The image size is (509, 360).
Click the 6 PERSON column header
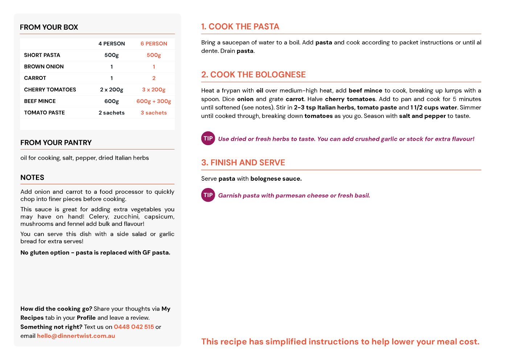(x=154, y=44)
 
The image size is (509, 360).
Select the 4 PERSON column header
(x=111, y=44)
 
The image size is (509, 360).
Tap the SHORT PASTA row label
(x=42, y=55)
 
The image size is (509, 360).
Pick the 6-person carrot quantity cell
(x=154, y=78)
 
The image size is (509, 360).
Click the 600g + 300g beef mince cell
(x=154, y=101)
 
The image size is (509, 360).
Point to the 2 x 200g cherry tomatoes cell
(x=111, y=90)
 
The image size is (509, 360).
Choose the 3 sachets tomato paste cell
(x=154, y=113)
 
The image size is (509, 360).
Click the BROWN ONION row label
(x=44, y=67)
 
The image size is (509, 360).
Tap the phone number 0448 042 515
(x=134, y=327)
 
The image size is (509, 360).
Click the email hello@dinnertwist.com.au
(x=76, y=336)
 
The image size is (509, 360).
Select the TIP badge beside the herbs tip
(x=208, y=138)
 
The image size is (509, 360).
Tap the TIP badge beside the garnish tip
(x=208, y=195)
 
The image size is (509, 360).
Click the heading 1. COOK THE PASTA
(x=240, y=26)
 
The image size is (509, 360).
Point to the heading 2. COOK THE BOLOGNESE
(x=253, y=74)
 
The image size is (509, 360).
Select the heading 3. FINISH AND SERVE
(x=243, y=163)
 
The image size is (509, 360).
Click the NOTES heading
(x=32, y=177)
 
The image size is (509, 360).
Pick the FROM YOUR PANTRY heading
(x=56, y=143)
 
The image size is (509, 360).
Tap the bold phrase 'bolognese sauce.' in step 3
(x=276, y=179)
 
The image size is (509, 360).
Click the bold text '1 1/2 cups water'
(x=434, y=107)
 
